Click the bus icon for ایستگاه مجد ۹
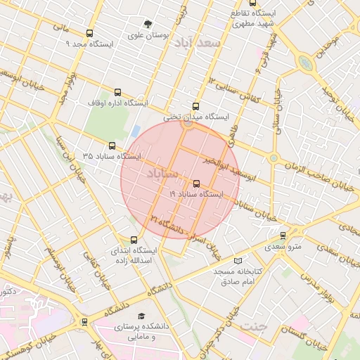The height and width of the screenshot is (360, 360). pos(89,33)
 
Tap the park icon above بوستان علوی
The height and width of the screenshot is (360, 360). pos(148,23)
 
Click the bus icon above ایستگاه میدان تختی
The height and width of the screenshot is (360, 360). pos(195,106)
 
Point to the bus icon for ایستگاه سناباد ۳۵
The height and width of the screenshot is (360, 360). pos(112,145)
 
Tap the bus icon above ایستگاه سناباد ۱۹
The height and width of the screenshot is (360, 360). pos(196,183)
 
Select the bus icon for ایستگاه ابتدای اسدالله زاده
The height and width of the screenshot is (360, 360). pos(134,240)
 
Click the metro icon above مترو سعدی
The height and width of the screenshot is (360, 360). pos(283,236)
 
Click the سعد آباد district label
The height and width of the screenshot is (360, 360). pos(198,41)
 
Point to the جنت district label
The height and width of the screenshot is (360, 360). pos(254,326)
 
